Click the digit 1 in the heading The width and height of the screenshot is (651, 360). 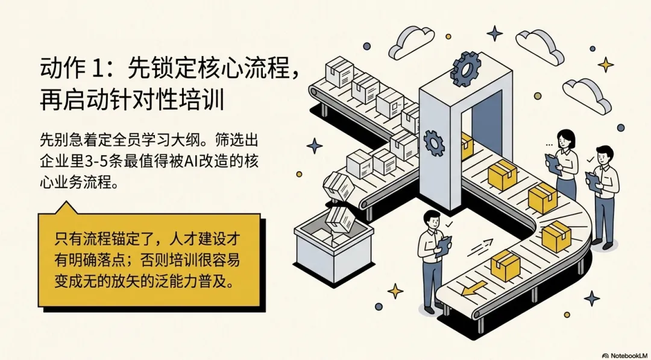tap(99, 68)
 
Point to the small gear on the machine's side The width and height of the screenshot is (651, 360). tap(433, 142)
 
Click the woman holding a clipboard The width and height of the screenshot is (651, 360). tap(565, 160)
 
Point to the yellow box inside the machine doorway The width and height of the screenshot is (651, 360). tap(467, 145)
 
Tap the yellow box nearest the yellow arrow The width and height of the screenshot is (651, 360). tap(505, 265)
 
